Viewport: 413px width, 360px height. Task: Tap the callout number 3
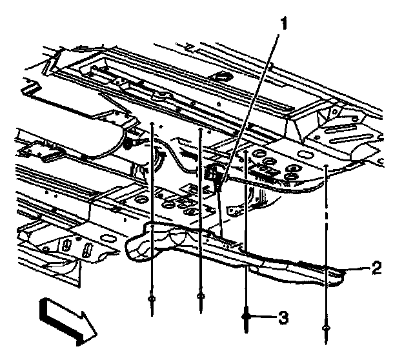(283, 317)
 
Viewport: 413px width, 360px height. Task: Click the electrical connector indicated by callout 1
(216, 173)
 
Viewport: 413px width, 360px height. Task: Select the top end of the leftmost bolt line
(151, 122)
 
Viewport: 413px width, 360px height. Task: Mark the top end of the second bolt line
(201, 130)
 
